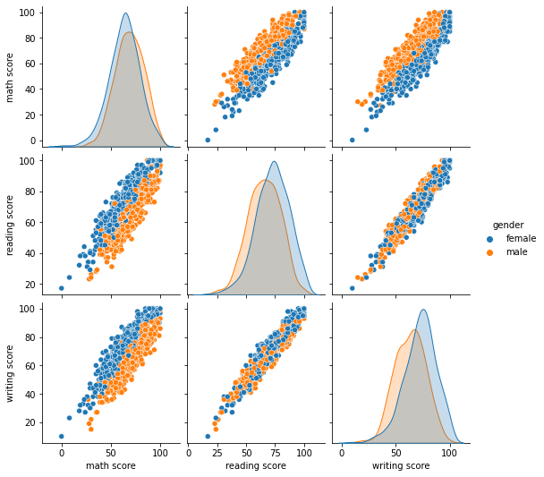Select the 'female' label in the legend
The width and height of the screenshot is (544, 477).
tap(521, 239)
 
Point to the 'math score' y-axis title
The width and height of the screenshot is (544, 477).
tap(11, 76)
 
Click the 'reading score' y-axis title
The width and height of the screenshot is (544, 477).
tap(11, 223)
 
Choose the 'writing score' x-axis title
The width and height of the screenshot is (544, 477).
tap(400, 465)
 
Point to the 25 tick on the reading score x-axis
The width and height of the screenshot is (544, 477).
tap(217, 452)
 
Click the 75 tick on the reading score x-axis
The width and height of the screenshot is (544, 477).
tap(275, 452)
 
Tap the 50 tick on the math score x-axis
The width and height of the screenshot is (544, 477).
tap(111, 452)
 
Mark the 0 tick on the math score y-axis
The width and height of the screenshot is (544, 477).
tap(34, 141)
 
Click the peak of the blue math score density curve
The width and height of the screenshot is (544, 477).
tap(125, 13)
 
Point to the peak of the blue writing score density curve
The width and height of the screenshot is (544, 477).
tap(422, 310)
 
